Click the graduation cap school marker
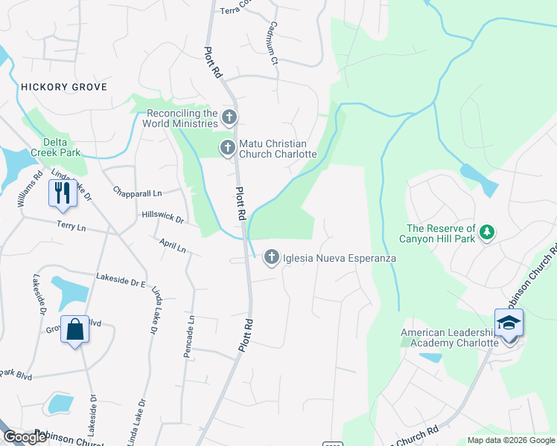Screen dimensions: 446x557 509,323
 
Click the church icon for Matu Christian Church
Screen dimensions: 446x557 228,148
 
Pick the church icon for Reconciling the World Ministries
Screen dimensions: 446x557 229,117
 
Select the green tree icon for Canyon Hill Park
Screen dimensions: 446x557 487,233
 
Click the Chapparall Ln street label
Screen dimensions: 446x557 137,193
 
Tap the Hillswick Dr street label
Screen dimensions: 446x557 162,216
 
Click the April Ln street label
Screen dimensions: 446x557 172,246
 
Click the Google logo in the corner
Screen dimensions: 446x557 25,437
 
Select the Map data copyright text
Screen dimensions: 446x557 511,440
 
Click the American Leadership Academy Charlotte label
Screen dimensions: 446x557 449,337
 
